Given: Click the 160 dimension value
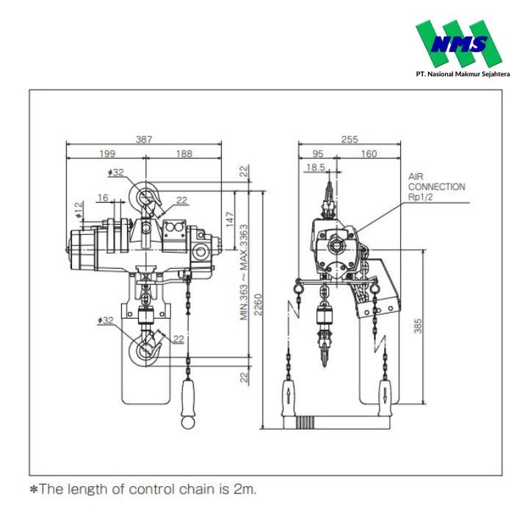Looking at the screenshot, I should tap(369, 154).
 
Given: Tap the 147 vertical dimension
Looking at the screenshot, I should tap(229, 218).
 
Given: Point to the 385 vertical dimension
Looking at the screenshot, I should tap(418, 325).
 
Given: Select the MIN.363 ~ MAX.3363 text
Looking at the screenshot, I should tap(243, 272).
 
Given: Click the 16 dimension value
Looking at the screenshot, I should tap(103, 198).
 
